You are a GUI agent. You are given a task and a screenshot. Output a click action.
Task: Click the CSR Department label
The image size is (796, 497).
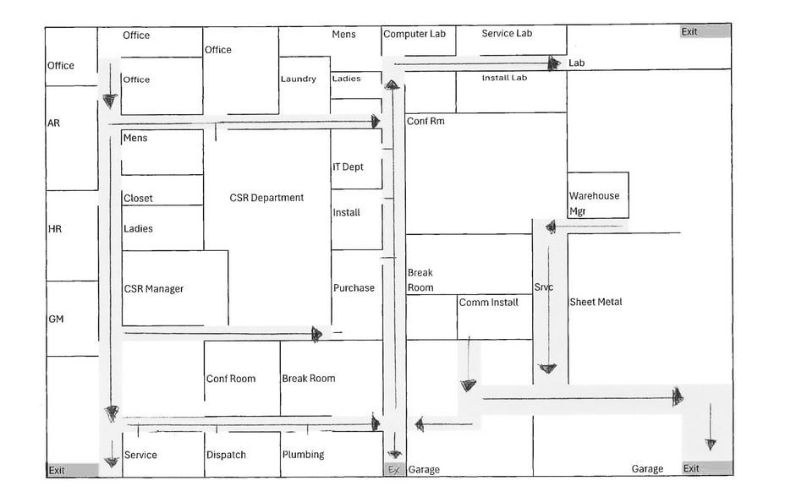pyautogui.click(x=266, y=198)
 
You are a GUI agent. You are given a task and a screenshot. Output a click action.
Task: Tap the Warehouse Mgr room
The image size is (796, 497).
pyautogui.click(x=598, y=195)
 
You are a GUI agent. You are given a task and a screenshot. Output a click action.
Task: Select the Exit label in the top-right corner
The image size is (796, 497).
pyautogui.click(x=689, y=31)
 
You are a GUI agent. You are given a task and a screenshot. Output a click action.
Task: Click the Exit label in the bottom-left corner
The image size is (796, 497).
pyautogui.click(x=57, y=470)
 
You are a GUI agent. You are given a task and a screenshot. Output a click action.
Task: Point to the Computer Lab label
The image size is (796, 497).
pyautogui.click(x=414, y=34)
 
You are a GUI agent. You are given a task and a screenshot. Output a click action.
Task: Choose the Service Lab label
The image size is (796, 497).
pyautogui.click(x=507, y=34)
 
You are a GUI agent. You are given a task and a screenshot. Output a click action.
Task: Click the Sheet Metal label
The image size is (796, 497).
pyautogui.click(x=596, y=302)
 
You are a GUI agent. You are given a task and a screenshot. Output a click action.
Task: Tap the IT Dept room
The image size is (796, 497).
pyautogui.click(x=356, y=159)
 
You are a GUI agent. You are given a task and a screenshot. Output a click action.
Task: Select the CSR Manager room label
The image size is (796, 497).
pyautogui.click(x=153, y=288)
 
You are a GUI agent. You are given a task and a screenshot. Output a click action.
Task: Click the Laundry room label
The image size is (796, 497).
pyautogui.click(x=299, y=79)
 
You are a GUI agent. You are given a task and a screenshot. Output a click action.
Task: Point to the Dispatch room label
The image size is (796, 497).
pyautogui.click(x=226, y=455)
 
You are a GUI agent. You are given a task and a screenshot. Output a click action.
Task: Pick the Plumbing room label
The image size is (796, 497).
pyautogui.click(x=303, y=455)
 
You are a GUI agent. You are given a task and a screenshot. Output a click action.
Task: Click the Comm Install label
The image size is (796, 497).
pyautogui.click(x=488, y=303)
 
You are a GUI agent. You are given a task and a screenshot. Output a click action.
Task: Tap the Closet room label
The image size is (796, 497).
pyautogui.click(x=138, y=199)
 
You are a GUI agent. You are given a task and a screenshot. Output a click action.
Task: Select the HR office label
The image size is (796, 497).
pyautogui.click(x=55, y=229)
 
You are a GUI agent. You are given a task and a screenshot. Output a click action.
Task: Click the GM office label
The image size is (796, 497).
pyautogui.click(x=56, y=319)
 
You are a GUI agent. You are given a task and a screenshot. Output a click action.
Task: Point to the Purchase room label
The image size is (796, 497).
pyautogui.click(x=354, y=288)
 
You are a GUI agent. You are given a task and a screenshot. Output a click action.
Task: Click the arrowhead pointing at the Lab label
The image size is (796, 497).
pyautogui.click(x=554, y=63)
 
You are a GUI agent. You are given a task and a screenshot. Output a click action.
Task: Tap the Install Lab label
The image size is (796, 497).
pyautogui.click(x=505, y=78)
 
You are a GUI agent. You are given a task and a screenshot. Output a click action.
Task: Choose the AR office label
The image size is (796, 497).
pyautogui.click(x=53, y=123)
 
